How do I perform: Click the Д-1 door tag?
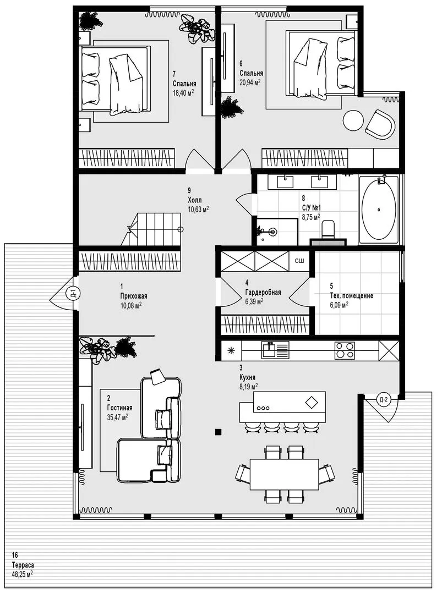[72, 293]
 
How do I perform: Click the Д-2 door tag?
[384, 399]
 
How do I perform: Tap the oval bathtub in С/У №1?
[378, 210]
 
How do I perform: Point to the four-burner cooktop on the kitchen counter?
[345, 351]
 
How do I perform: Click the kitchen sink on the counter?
[275, 350]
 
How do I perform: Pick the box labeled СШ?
[299, 261]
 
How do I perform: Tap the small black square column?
[218, 432]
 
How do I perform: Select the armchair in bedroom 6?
[380, 124]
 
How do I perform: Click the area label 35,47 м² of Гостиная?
[117, 417]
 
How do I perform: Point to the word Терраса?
[23, 565]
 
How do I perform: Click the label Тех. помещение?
[351, 295]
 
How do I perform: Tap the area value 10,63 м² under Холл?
[198, 209]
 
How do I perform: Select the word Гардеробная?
[263, 292]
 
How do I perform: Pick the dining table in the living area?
[284, 474]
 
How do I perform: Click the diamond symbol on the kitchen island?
[312, 402]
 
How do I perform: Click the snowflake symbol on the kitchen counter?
[231, 351]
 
